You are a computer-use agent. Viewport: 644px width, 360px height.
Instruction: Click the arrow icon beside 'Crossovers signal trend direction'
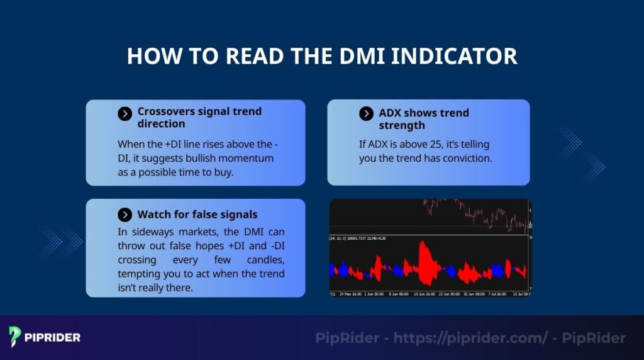[x=125, y=113]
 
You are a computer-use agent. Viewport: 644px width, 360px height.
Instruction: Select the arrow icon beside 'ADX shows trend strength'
[x=366, y=113]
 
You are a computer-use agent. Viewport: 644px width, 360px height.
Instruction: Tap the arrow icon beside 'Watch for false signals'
[x=125, y=215]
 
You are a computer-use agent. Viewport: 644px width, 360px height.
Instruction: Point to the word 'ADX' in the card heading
[x=391, y=113]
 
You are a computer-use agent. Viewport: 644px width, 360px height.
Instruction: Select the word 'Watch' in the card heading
[x=153, y=215]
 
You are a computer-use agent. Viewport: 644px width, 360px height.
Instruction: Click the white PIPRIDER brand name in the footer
[x=52, y=338]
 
